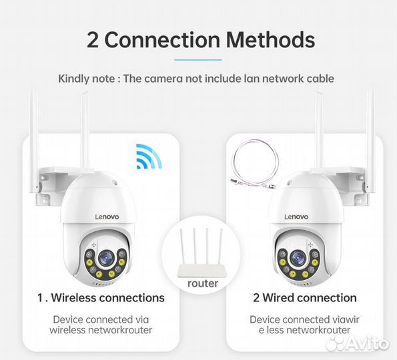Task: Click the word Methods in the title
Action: click(x=269, y=39)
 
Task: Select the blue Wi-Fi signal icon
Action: click(x=149, y=157)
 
